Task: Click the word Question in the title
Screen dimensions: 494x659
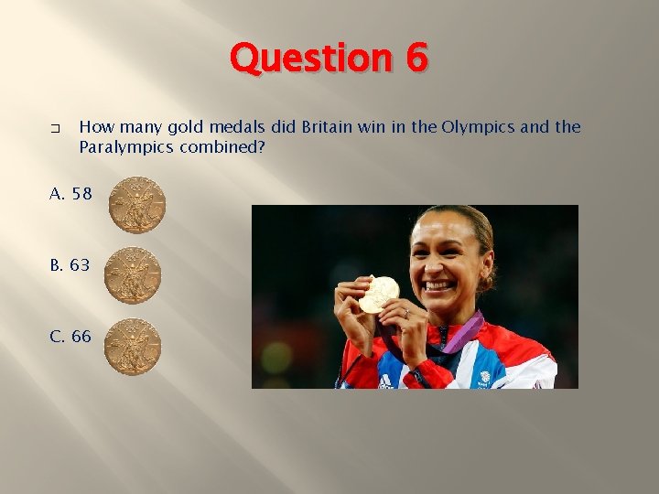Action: pyautogui.click(x=306, y=59)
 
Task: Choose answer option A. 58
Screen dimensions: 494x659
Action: pyautogui.click(x=70, y=194)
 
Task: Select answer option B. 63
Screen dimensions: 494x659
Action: pyautogui.click(x=70, y=265)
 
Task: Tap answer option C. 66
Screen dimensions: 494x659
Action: pyautogui.click(x=70, y=337)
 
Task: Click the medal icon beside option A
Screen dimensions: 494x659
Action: pyautogui.click(x=137, y=205)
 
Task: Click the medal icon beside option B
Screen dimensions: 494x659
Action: pyautogui.click(x=133, y=275)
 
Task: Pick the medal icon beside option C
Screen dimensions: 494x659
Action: pyautogui.click(x=133, y=347)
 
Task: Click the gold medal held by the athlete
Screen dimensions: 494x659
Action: pyautogui.click(x=379, y=294)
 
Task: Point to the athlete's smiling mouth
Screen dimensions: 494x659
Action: pyautogui.click(x=441, y=286)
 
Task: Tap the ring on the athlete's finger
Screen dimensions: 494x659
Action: pyautogui.click(x=405, y=313)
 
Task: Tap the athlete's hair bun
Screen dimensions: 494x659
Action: pyautogui.click(x=490, y=265)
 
